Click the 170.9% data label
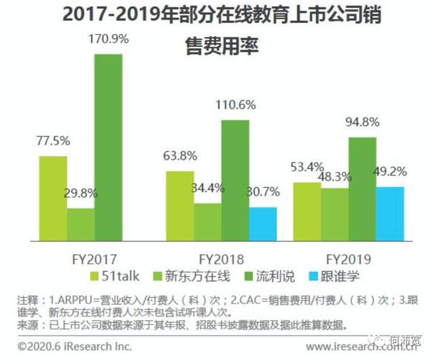(109, 39)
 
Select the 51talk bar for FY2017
(53, 198)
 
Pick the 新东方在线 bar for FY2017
(81, 224)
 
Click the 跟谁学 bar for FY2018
(263, 224)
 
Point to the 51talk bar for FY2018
(180, 206)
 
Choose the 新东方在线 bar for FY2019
(335, 214)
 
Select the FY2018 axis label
(220, 259)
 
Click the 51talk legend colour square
(96, 276)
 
